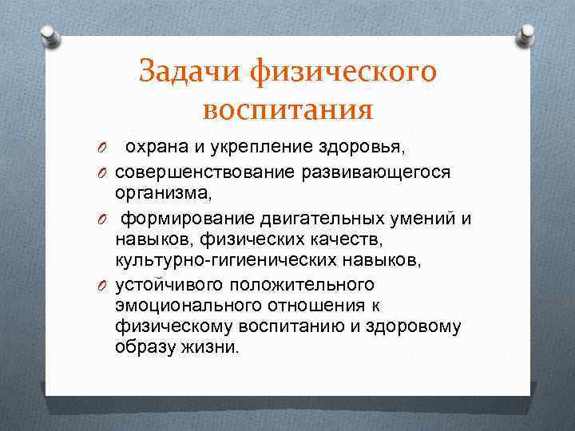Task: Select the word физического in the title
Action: click(343, 72)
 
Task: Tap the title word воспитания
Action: click(287, 109)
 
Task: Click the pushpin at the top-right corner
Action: click(528, 34)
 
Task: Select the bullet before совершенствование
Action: click(102, 172)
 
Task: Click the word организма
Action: click(162, 192)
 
